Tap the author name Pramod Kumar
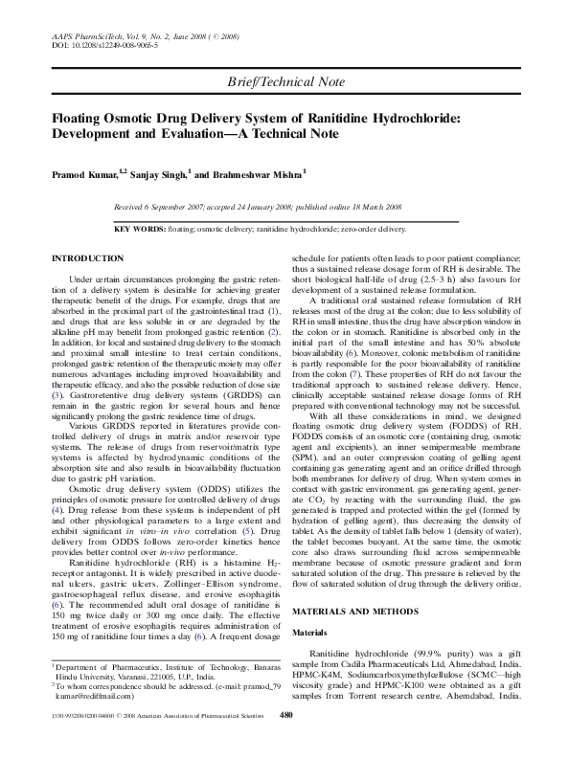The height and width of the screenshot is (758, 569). pyautogui.click(x=82, y=176)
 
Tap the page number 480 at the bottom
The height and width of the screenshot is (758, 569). pyautogui.click(x=284, y=743)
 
